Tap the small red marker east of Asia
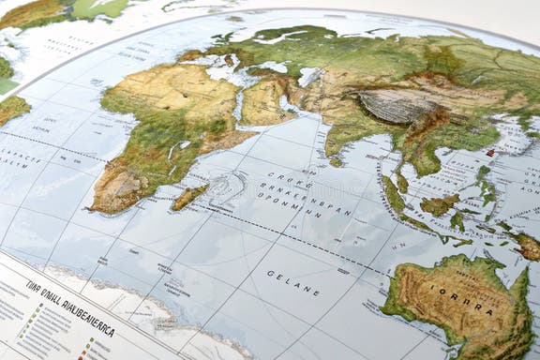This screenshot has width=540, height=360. (x=490, y=152)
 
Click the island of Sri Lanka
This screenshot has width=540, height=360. (x=337, y=162)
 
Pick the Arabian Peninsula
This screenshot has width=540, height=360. (x=266, y=100)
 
